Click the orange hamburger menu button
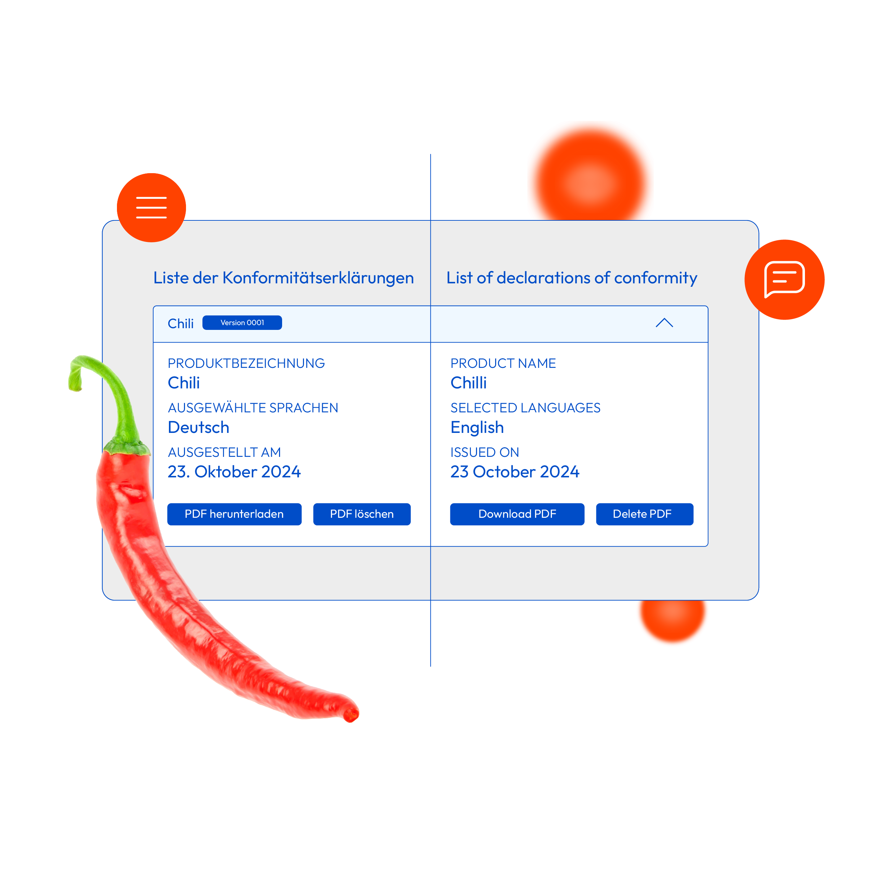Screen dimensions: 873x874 click(151, 208)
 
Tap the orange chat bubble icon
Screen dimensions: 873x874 click(784, 280)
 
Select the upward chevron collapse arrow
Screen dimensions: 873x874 click(664, 323)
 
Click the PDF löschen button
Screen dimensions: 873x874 click(362, 514)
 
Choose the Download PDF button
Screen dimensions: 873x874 click(517, 514)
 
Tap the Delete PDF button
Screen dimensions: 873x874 click(645, 514)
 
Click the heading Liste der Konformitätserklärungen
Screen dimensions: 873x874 click(283, 278)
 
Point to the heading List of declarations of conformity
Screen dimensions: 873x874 click(572, 278)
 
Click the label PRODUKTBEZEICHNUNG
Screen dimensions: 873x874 click(247, 363)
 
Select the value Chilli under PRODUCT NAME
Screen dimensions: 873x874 click(468, 383)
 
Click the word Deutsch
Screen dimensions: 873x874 click(198, 427)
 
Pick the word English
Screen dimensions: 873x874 click(477, 427)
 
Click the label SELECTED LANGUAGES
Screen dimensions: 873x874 click(525, 408)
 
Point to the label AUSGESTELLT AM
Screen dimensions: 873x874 click(224, 452)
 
